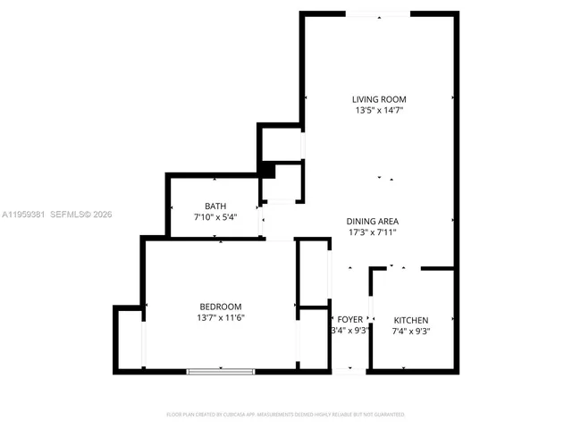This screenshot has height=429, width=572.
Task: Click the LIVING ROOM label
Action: pos(380,99)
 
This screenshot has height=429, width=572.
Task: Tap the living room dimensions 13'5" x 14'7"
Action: pos(380,111)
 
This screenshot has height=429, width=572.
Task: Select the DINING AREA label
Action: pos(372,221)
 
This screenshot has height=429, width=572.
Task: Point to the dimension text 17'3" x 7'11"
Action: pos(372,232)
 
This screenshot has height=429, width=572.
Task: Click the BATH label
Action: pos(214,206)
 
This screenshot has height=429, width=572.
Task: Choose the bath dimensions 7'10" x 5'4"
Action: pos(214,217)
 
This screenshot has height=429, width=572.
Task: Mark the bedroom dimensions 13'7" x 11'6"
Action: pos(220,318)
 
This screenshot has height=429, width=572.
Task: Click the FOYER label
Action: pos(349,320)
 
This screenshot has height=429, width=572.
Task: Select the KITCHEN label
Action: pos(411,320)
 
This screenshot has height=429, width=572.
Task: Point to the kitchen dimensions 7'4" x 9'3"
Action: pos(411,332)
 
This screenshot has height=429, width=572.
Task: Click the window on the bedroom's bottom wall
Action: pos(220,371)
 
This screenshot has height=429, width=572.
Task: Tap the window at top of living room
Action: pos(378,13)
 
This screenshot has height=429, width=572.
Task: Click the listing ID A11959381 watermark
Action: pos(23,214)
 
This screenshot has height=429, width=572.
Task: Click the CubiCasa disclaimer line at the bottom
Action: pos(286,415)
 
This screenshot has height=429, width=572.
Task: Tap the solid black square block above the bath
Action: pos(265,170)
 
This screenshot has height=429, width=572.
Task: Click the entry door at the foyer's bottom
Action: pos(349,370)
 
